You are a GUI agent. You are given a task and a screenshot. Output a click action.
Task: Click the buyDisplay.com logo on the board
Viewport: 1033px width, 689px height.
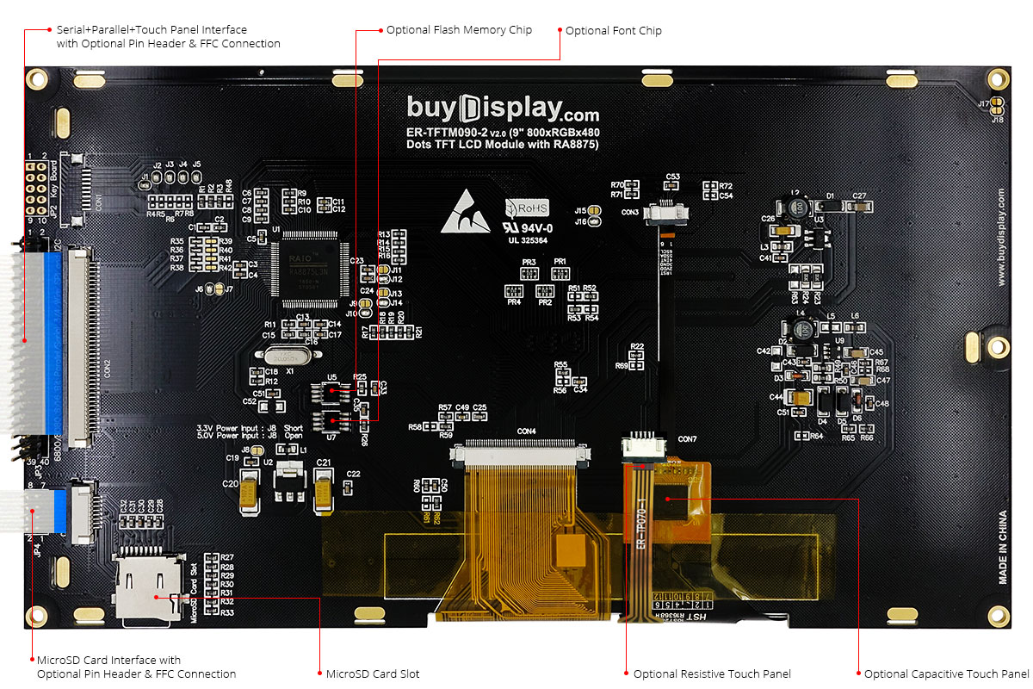tap(503, 109)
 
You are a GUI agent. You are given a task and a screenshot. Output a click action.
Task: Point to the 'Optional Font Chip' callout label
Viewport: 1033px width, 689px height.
tap(613, 31)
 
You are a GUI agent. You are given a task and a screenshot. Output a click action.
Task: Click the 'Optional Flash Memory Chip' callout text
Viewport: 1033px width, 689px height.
tap(459, 30)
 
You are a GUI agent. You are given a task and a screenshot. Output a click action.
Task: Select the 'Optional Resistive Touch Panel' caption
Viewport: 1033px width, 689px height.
tap(712, 673)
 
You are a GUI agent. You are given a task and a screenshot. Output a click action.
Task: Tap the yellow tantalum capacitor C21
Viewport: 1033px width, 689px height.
tap(324, 492)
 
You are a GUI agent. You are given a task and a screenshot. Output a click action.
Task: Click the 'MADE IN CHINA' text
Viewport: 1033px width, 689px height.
tap(1004, 548)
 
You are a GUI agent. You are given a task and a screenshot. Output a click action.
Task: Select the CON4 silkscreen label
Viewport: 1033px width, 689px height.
tap(526, 431)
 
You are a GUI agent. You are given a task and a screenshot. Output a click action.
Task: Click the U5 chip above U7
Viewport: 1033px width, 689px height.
tap(331, 394)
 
